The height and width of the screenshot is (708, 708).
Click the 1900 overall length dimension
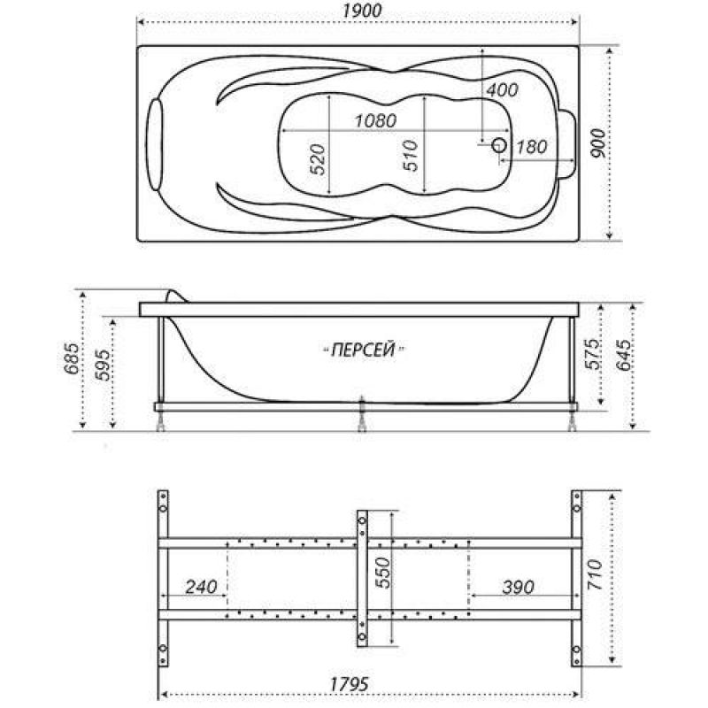[362, 11]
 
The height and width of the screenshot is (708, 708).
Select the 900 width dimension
[598, 143]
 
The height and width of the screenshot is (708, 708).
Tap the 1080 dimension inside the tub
[375, 120]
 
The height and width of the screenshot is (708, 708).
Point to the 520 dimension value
[319, 159]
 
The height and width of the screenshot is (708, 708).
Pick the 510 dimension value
[411, 156]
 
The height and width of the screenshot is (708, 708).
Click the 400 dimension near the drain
[502, 90]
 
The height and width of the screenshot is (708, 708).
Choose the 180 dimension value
[532, 146]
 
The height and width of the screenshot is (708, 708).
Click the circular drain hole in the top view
[499, 145]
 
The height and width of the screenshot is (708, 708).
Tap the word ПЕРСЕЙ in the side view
[363, 350]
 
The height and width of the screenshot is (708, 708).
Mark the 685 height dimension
[72, 359]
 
